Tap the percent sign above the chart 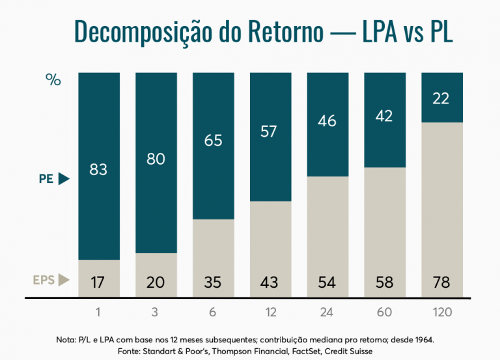(x=53, y=80)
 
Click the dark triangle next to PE (x=63, y=178)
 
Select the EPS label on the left (x=43, y=281)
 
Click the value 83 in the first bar (x=99, y=171)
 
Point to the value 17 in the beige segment (x=99, y=283)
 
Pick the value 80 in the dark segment (x=156, y=159)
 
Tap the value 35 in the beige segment (x=213, y=283)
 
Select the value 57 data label (x=270, y=132)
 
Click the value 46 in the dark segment (x=327, y=120)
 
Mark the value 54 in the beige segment (x=327, y=283)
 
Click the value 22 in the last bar (x=441, y=99)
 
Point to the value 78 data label (x=441, y=283)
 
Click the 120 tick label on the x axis (x=441, y=312)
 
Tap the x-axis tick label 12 (x=270, y=312)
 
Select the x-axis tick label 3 (x=156, y=312)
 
